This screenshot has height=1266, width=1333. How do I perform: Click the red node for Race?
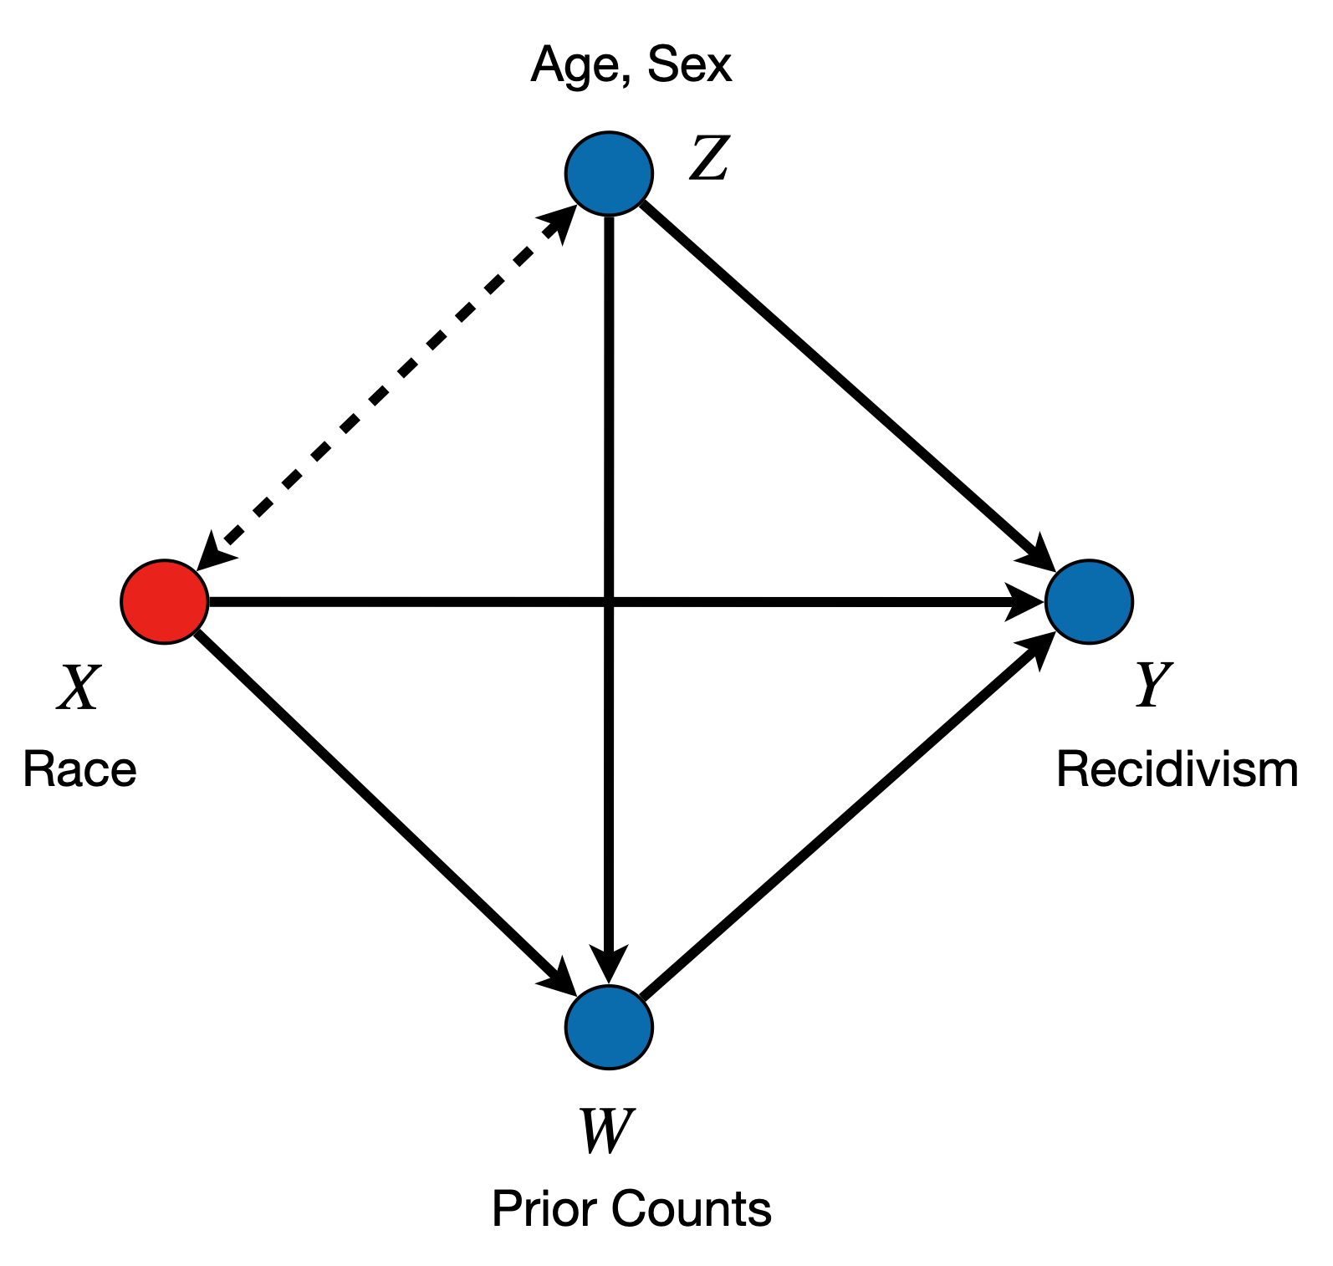coord(165,601)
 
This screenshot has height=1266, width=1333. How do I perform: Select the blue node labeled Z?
coord(609,173)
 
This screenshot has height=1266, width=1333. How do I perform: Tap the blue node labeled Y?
coord(1089,601)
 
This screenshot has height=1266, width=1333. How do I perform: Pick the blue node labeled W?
coord(609,1027)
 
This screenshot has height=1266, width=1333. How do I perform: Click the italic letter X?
coord(78,688)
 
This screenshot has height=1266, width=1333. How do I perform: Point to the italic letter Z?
coord(709,159)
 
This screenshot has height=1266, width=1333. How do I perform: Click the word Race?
coord(79,769)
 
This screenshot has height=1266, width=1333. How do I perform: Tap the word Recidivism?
coord(1177,769)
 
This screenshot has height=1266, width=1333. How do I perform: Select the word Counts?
coord(691,1209)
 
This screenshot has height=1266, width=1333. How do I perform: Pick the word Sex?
coord(689,65)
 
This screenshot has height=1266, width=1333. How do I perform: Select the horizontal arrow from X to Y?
coord(418,601)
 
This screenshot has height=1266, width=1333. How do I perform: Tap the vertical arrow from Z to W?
coord(609,418)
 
